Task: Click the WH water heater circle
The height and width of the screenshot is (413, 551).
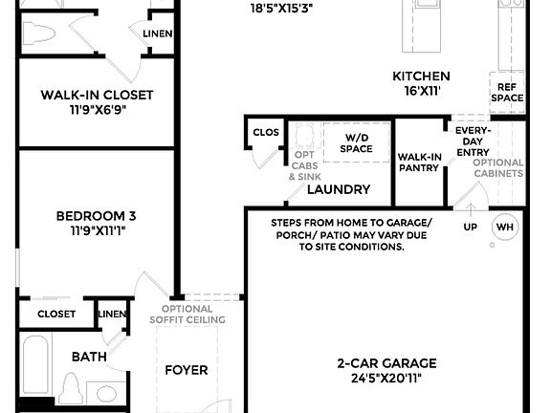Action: [x=504, y=228]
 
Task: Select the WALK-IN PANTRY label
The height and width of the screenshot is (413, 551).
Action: [x=419, y=162]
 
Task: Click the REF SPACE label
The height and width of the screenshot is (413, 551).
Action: [x=508, y=92]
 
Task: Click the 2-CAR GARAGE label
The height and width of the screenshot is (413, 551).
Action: [x=386, y=362]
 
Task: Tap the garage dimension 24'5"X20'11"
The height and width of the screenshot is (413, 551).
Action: [x=386, y=378]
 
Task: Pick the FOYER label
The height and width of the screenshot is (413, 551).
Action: [x=187, y=370]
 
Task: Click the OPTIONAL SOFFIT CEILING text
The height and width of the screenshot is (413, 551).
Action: [x=187, y=314]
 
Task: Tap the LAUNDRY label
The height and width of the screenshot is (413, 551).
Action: [x=338, y=189]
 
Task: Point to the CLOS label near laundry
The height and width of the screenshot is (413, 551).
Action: [x=264, y=133]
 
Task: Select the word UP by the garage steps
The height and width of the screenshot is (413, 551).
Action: [x=470, y=227]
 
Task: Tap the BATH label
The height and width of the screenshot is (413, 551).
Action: [x=89, y=357]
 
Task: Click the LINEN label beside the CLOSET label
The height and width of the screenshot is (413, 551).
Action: [x=112, y=314]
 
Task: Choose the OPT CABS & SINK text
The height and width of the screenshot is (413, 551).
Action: [x=304, y=165]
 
